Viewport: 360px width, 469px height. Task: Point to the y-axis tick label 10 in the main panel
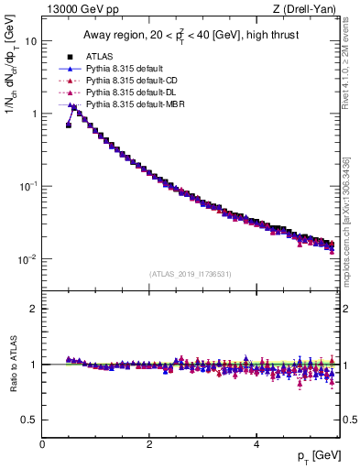tap(30, 41)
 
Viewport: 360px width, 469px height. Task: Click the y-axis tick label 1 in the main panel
tap(33, 114)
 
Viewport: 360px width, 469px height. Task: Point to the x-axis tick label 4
tap(256, 444)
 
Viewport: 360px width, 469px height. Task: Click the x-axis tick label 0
tap(42, 444)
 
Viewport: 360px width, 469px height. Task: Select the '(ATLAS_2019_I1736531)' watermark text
tap(191, 274)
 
